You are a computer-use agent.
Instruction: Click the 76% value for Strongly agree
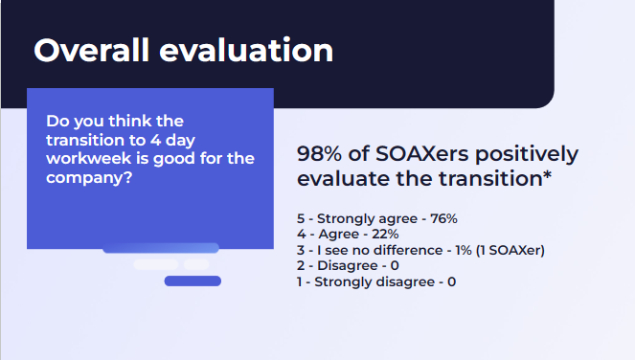click(444, 218)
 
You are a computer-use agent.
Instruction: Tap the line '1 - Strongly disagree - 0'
click(376, 281)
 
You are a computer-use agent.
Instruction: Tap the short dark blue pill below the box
click(193, 281)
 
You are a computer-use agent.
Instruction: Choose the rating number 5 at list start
click(301, 218)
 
